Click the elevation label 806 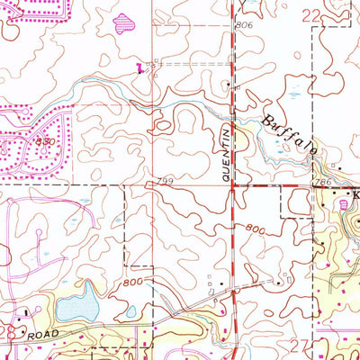click(x=243, y=25)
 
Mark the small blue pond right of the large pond click(x=130, y=312)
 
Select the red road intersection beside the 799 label click(x=233, y=186)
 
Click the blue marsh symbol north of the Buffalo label click(x=294, y=93)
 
